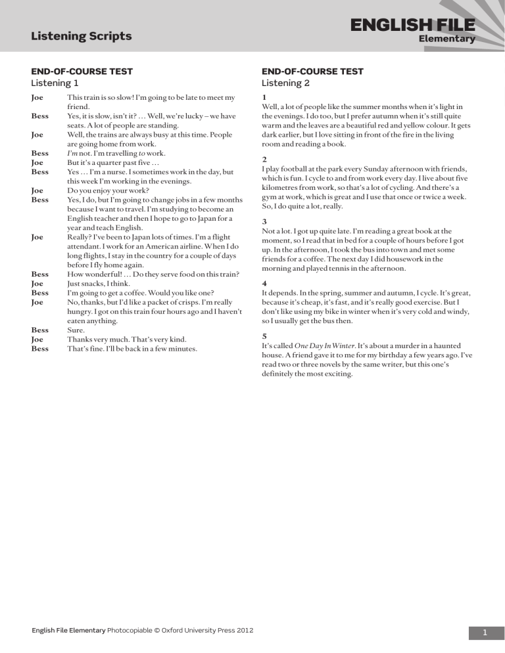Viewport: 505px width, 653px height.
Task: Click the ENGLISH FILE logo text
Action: (412, 26)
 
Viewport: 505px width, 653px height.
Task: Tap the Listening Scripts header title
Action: (82, 36)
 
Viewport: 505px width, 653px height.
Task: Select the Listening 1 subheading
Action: (55, 83)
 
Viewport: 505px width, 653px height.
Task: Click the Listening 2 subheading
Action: (285, 83)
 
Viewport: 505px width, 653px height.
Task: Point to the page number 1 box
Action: (485, 632)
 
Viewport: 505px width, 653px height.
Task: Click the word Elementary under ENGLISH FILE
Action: (446, 39)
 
